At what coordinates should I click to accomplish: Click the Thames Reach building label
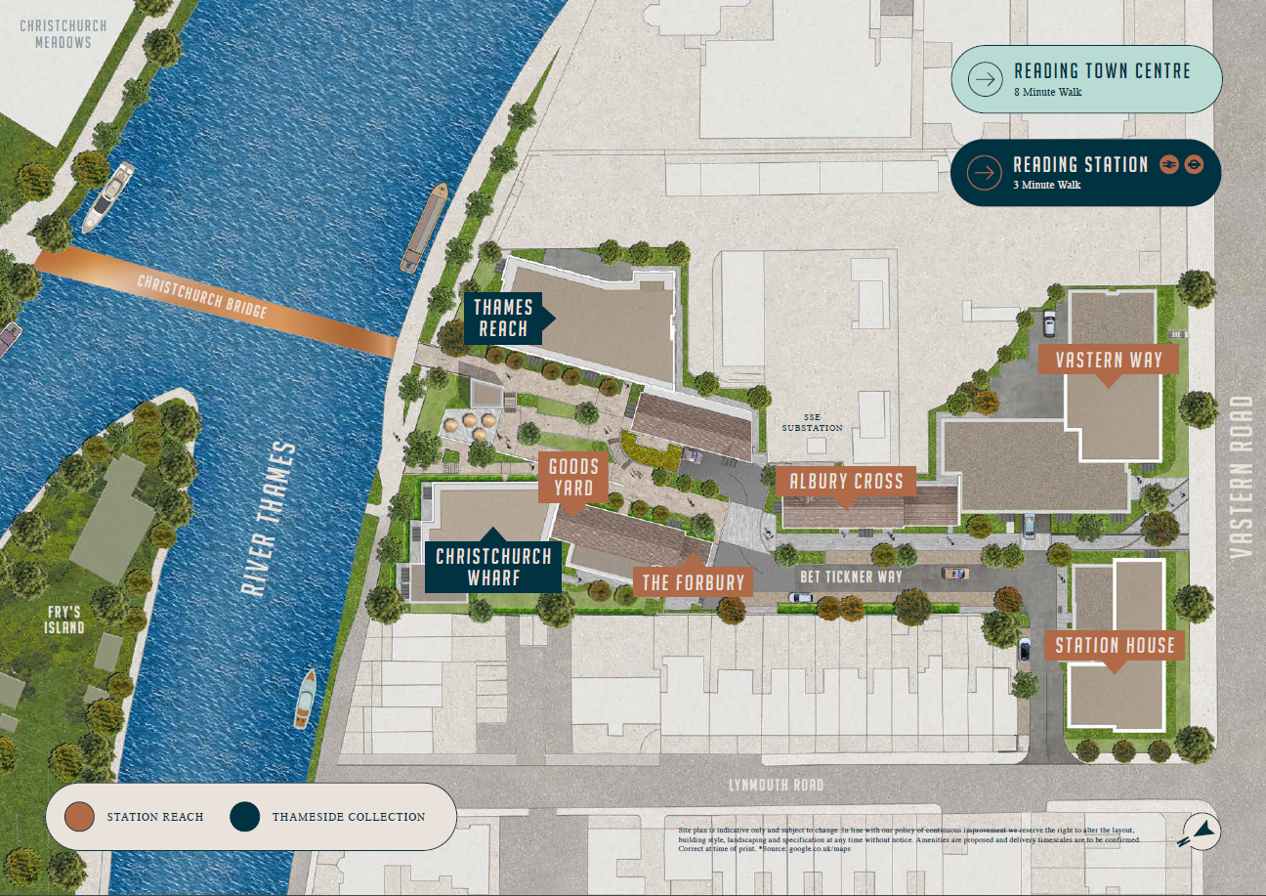(x=503, y=318)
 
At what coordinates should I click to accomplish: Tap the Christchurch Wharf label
(x=493, y=567)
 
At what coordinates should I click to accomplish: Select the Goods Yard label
(x=572, y=476)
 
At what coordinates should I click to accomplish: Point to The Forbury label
(x=694, y=583)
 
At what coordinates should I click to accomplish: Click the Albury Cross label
(x=846, y=481)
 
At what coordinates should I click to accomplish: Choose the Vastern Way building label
(x=1109, y=359)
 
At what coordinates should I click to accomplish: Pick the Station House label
(x=1114, y=645)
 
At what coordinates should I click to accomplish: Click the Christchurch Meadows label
(x=56, y=33)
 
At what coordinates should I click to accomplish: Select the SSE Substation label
(x=805, y=422)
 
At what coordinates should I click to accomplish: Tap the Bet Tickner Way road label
(x=851, y=576)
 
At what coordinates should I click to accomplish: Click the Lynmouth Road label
(x=776, y=785)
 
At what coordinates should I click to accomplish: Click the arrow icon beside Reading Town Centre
(x=986, y=79)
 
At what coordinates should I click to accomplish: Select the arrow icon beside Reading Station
(x=984, y=173)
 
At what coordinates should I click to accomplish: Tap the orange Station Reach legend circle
(x=79, y=816)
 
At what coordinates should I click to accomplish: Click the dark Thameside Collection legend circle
(x=245, y=816)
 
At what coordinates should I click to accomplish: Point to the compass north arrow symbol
(x=1201, y=830)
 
